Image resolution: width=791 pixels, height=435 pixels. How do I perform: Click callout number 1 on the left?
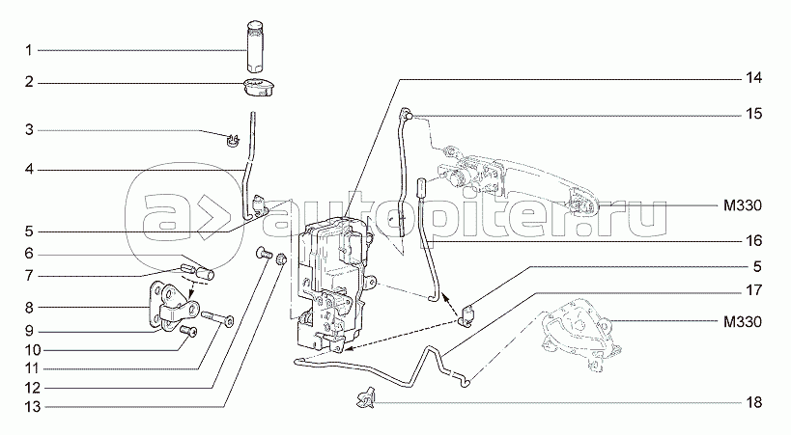click(x=29, y=50)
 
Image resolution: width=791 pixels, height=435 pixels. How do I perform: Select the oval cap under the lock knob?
click(x=258, y=87)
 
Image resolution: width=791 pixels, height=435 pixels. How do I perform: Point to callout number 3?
click(x=29, y=130)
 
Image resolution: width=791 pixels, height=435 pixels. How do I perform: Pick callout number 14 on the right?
click(x=754, y=78)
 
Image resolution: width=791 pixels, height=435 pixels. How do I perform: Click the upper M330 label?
click(x=743, y=205)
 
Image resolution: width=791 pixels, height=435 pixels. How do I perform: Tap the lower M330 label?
click(x=743, y=321)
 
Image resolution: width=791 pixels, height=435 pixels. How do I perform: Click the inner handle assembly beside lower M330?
click(x=580, y=336)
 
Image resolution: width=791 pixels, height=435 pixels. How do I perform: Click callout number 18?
click(x=754, y=403)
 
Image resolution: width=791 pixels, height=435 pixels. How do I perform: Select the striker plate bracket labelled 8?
click(x=173, y=306)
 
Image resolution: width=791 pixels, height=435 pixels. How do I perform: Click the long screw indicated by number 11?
click(x=217, y=318)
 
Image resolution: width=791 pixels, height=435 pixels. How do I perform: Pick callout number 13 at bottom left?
click(x=32, y=406)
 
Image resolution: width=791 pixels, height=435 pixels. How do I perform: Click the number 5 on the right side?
click(x=757, y=266)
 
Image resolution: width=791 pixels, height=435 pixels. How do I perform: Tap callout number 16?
click(x=754, y=241)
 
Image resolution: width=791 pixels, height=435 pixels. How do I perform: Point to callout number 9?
click(x=29, y=331)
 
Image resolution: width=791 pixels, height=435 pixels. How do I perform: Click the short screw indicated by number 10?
click(x=187, y=331)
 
